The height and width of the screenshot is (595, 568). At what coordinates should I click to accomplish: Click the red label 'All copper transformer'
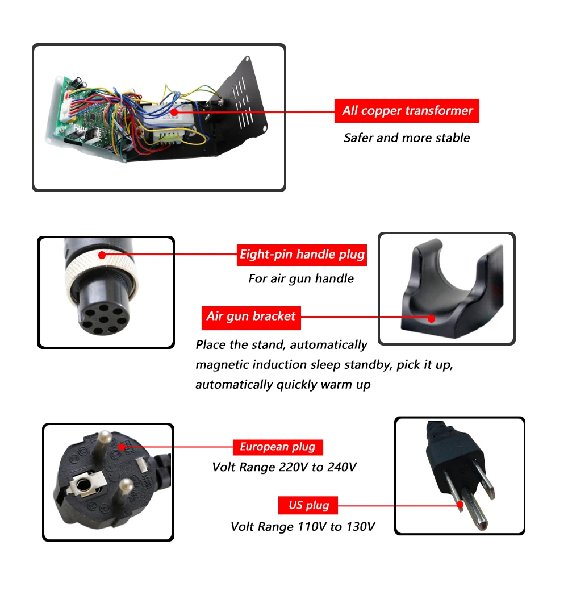(x=407, y=111)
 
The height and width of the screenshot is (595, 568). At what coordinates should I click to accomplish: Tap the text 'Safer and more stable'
(x=407, y=138)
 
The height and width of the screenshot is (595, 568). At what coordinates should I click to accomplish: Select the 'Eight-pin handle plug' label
(x=302, y=254)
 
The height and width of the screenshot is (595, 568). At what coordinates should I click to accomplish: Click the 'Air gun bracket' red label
(x=251, y=317)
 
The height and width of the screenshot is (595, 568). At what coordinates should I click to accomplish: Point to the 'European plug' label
(x=277, y=447)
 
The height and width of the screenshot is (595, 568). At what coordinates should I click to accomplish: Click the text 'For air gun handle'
(x=301, y=278)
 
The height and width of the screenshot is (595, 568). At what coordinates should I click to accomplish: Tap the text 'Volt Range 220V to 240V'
(x=285, y=467)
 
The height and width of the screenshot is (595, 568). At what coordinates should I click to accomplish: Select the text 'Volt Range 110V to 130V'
(x=303, y=527)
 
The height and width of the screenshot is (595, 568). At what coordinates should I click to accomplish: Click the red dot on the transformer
(x=174, y=113)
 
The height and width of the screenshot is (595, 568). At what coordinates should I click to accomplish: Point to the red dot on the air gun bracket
(x=432, y=318)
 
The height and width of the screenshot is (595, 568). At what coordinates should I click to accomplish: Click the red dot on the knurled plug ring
(x=102, y=255)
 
